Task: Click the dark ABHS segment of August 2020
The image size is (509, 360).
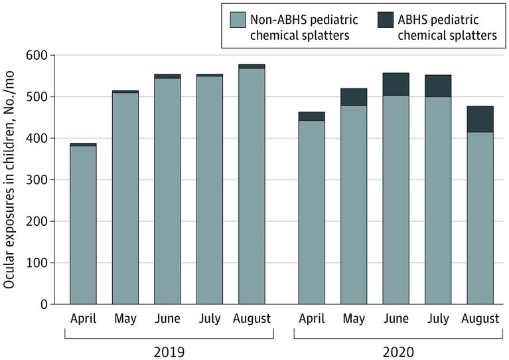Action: pyautogui.click(x=480, y=119)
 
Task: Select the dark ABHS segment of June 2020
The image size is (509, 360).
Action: pyautogui.click(x=396, y=84)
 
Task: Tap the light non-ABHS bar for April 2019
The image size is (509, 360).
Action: pyautogui.click(x=83, y=225)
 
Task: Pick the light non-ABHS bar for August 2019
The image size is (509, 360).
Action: pyautogui.click(x=252, y=186)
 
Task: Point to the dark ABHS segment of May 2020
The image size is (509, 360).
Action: pyautogui.click(x=354, y=97)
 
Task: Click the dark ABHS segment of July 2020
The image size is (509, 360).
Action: pyautogui.click(x=438, y=86)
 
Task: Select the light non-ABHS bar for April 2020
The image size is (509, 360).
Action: pyautogui.click(x=312, y=213)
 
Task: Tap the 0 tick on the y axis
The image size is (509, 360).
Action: pyautogui.click(x=44, y=304)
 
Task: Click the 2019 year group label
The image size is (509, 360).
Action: pyautogui.click(x=169, y=352)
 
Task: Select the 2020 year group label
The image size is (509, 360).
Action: pyautogui.click(x=398, y=352)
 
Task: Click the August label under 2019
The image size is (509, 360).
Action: pyautogui.click(x=252, y=319)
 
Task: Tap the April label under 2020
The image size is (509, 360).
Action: pyautogui.click(x=312, y=319)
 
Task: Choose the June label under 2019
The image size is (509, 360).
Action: pyautogui.click(x=167, y=318)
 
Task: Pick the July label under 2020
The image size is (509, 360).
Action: pyautogui.click(x=438, y=319)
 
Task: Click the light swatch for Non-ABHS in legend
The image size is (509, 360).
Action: pyautogui.click(x=238, y=20)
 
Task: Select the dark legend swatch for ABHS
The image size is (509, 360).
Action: pyautogui.click(x=386, y=20)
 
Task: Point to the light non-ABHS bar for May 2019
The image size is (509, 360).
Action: pyautogui.click(x=125, y=199)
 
